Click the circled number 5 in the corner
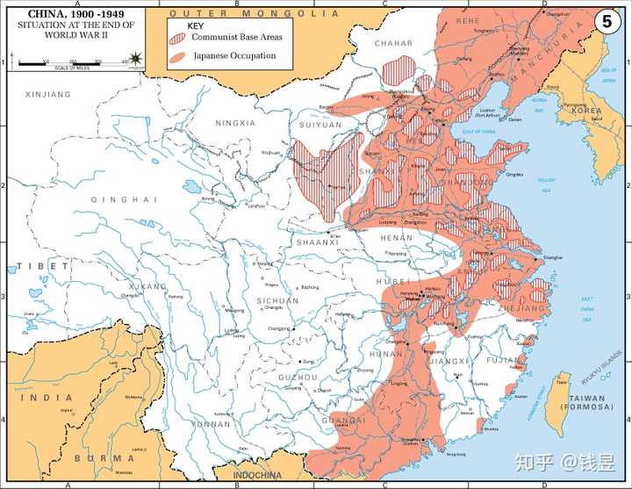coord(606,22)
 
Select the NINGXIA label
coord(235,123)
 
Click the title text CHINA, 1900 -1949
coord(62,15)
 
